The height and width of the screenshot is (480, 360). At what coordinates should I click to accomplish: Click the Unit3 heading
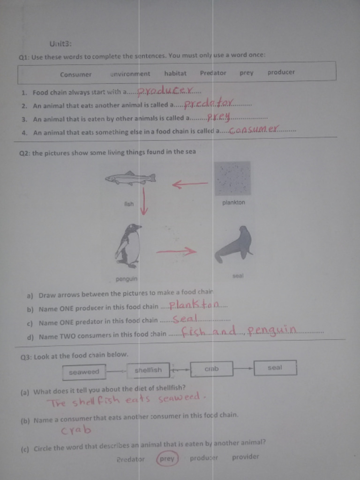point(60,44)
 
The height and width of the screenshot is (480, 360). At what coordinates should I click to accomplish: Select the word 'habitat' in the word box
point(175,73)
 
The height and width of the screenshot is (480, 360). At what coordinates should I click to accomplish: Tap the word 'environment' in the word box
point(130,74)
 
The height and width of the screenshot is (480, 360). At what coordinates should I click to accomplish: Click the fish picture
point(130,179)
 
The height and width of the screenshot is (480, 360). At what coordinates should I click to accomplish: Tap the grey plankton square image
point(233,178)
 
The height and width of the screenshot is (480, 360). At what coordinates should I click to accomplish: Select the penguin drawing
point(128,246)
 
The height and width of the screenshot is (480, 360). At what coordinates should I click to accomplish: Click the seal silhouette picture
point(235,244)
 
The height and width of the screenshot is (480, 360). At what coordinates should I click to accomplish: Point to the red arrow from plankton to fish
point(190,184)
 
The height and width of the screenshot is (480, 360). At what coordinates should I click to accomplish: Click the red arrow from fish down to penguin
point(144,201)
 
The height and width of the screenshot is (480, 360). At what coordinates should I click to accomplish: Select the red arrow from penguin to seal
point(176,252)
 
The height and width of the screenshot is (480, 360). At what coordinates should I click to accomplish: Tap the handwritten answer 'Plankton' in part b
point(194,306)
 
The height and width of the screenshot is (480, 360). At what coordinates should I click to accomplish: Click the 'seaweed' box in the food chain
point(84,372)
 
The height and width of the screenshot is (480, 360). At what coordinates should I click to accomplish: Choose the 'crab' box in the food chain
point(211,369)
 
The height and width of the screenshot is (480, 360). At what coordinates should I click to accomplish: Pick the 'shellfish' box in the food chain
point(148,370)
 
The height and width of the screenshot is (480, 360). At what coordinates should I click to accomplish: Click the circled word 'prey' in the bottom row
point(167,459)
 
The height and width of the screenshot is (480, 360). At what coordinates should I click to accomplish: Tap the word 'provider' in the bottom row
point(245,457)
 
